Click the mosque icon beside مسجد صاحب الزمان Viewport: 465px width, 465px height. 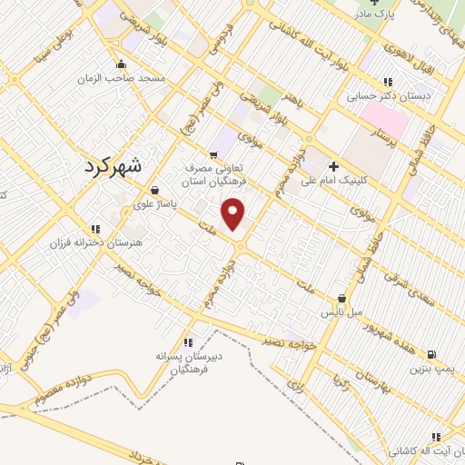[120, 64]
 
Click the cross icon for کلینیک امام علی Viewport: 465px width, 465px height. [333, 166]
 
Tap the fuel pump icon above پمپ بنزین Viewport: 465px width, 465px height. [430, 354]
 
